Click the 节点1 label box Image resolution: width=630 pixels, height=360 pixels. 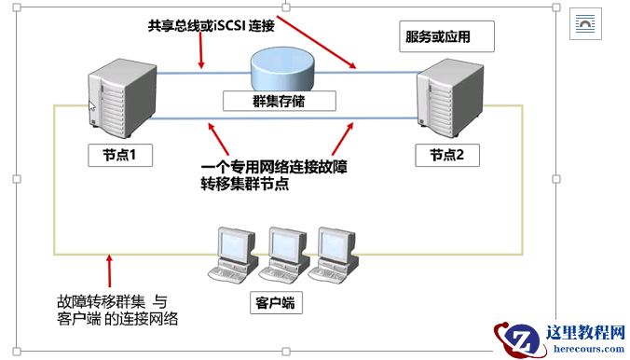(x=119, y=154)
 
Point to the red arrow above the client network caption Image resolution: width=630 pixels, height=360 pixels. (x=110, y=270)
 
